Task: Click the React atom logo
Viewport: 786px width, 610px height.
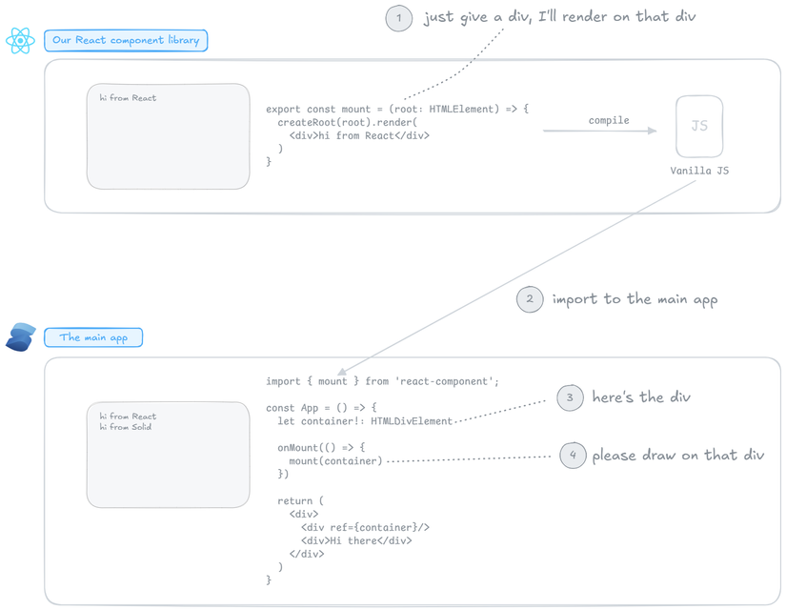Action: coord(20,40)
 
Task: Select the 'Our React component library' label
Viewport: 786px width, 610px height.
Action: coord(126,40)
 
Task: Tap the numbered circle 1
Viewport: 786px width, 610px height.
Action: coord(399,18)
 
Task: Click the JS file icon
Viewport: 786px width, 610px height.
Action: coord(699,126)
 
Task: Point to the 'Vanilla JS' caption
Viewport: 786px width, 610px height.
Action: coord(699,171)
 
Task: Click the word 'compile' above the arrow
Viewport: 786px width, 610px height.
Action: coord(609,120)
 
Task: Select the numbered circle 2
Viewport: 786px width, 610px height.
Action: coord(530,299)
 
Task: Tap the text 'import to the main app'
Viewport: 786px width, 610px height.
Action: coord(635,299)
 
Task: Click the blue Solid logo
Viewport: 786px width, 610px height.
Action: coord(20,337)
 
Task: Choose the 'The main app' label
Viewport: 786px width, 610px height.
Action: coord(93,337)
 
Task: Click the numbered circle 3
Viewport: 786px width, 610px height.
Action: coord(570,397)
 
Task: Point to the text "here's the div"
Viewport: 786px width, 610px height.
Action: coord(641,397)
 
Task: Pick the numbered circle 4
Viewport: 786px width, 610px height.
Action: coord(573,456)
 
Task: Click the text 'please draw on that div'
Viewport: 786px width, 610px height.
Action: coord(678,456)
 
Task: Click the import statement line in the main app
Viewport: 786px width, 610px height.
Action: coord(382,381)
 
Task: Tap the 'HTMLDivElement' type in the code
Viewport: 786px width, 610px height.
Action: coord(412,421)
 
